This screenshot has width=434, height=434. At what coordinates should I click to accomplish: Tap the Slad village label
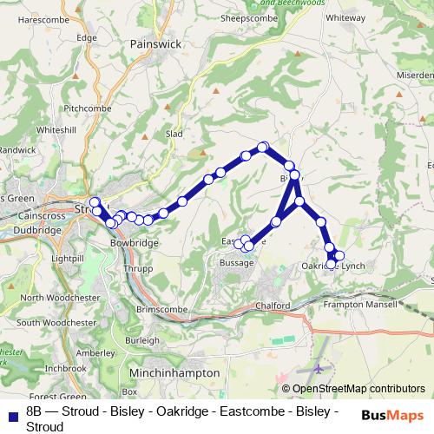(174, 135)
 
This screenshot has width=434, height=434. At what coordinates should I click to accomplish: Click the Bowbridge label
(135, 244)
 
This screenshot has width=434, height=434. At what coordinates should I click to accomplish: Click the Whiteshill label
(57, 129)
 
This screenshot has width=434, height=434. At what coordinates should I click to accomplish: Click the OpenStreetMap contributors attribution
(358, 390)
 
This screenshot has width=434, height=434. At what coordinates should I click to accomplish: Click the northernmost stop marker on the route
(263, 148)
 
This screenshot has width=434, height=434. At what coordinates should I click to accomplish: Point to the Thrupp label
(138, 269)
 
